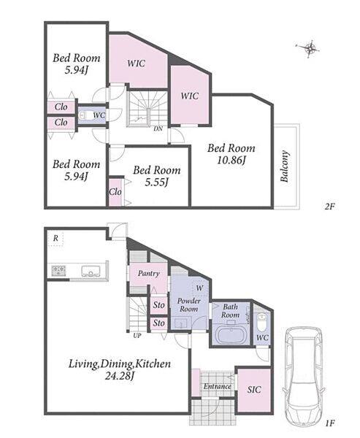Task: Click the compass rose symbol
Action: (x=309, y=49)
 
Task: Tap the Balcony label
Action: (x=284, y=166)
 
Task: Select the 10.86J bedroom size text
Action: (x=231, y=161)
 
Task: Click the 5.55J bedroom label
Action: (x=156, y=176)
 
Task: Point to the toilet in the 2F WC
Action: (x=83, y=115)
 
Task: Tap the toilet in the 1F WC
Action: (x=261, y=320)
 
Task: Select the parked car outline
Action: (x=304, y=375)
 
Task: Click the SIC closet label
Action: (x=254, y=389)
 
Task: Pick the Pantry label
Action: (x=149, y=274)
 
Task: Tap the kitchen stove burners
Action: (x=58, y=271)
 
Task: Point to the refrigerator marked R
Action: (x=55, y=238)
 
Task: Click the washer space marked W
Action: (x=199, y=288)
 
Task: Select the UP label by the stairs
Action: (x=137, y=336)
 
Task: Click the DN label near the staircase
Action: (x=158, y=129)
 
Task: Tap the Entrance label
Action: (x=217, y=386)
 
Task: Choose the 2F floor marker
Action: (x=330, y=207)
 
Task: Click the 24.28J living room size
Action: (x=120, y=376)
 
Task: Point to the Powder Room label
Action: (x=189, y=305)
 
